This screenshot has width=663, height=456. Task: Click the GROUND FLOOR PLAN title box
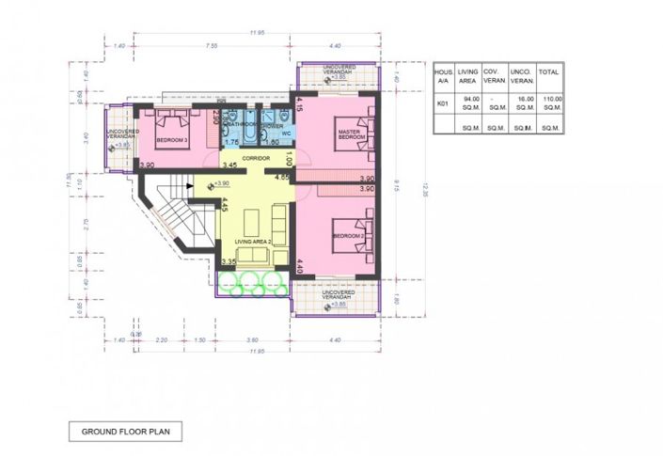coord(125,432)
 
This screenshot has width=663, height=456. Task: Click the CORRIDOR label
coord(257,158)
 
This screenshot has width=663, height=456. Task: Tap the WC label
coord(287,134)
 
